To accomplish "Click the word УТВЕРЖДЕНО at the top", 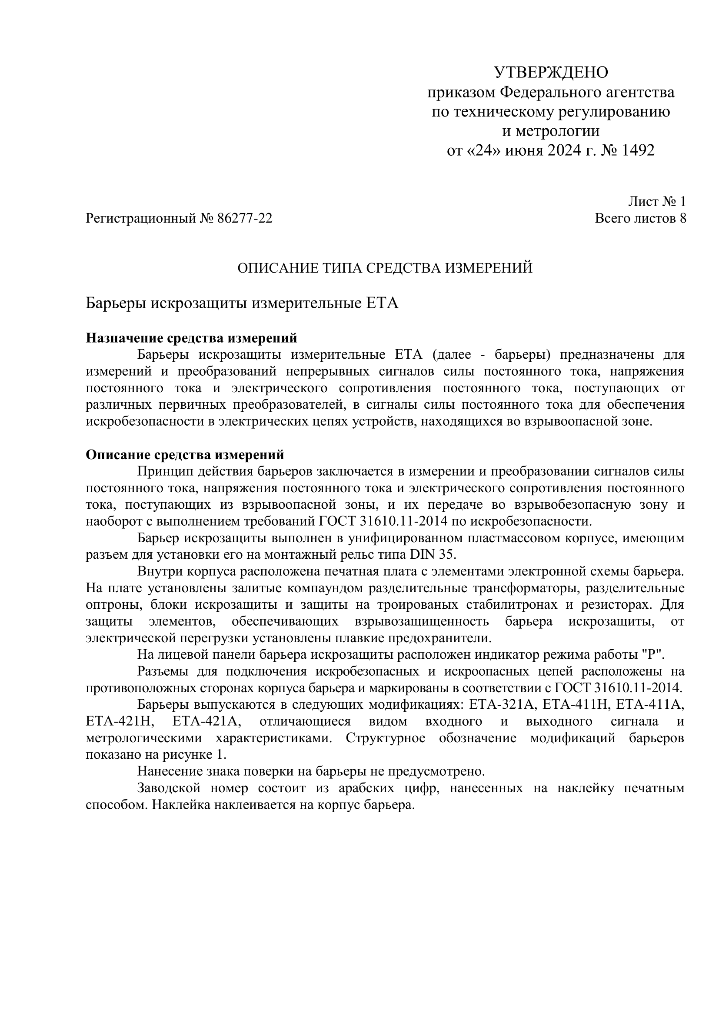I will point(551,72).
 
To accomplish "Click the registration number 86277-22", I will point(245,218).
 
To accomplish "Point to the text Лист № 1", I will point(657,202).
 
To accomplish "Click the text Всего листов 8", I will point(641,218).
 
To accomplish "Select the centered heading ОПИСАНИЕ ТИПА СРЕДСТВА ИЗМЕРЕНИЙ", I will point(385,268).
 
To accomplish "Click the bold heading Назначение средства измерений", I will point(191,338).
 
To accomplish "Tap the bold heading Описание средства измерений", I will point(185,455).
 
